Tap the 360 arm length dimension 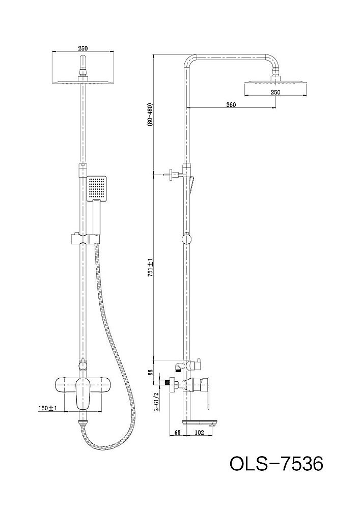pyautogui.click(x=230, y=104)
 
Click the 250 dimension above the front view pyautogui.click(x=83, y=48)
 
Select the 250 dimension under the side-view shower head pyautogui.click(x=275, y=92)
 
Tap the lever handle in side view pyautogui.click(x=209, y=392)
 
